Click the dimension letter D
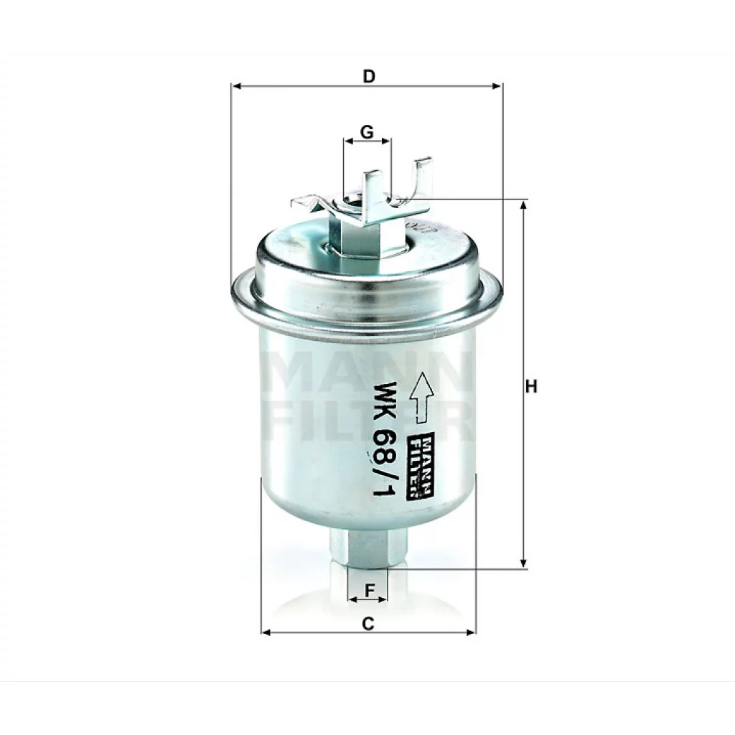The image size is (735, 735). [x=369, y=76]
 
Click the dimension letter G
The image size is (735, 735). [x=367, y=132]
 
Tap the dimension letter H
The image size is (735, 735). [x=531, y=387]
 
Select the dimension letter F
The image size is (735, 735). [x=370, y=590]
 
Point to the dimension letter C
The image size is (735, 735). [x=368, y=624]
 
